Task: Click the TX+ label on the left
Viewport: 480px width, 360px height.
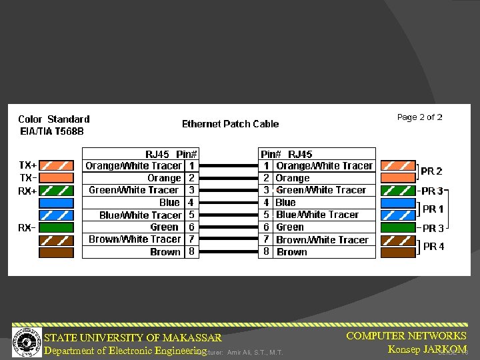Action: [x=27, y=165]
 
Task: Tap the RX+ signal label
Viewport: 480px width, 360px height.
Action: [x=27, y=191]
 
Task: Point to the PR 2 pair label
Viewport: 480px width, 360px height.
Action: [x=432, y=171]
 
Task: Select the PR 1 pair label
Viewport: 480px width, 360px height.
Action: [x=433, y=209]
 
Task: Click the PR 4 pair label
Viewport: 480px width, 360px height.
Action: [x=433, y=246]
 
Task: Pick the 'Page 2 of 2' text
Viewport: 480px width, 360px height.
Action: [x=419, y=117]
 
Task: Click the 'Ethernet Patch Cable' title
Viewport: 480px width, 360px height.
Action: [x=230, y=124]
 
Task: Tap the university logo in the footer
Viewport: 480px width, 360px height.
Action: [x=27, y=340]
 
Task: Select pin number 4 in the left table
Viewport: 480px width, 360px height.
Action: [x=192, y=203]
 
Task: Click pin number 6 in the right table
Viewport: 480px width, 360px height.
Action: [x=266, y=227]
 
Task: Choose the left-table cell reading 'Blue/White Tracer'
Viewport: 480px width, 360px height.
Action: [x=140, y=215]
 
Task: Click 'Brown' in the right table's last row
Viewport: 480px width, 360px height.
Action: [x=292, y=252]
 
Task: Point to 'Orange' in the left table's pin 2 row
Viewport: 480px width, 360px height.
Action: [x=164, y=178]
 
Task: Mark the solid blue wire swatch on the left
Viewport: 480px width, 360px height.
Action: [x=56, y=203]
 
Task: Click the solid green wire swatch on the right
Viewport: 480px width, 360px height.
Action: [x=397, y=227]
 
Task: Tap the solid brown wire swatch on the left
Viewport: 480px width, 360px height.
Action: [x=56, y=253]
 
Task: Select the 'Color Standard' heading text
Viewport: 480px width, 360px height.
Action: [x=53, y=119]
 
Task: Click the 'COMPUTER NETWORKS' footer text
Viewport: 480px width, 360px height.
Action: [x=406, y=336]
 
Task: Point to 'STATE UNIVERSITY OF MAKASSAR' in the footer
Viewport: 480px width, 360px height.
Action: [x=133, y=338]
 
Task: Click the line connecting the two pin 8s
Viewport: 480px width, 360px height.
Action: [x=229, y=252]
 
